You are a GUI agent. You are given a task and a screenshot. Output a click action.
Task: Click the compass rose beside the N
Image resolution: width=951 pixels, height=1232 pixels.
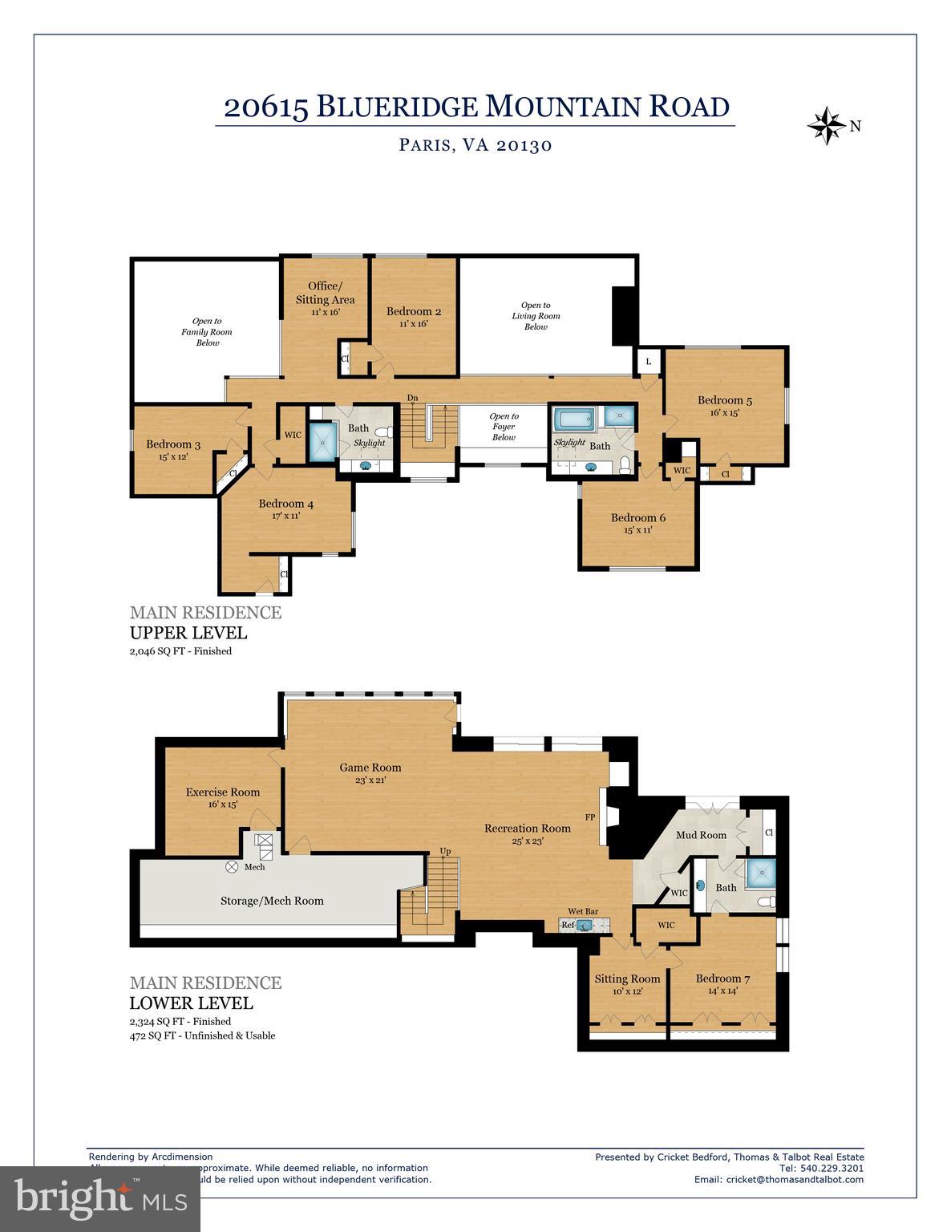point(826,126)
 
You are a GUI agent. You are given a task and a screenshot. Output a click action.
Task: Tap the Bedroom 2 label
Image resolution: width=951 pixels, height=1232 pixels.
point(413,312)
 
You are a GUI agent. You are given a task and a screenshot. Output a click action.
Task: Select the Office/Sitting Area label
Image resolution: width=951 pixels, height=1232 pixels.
point(325,293)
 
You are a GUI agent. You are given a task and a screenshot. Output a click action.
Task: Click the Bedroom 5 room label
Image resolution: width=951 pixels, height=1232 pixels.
point(724,400)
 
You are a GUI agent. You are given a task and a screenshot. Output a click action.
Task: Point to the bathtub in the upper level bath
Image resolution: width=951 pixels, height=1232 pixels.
point(574,418)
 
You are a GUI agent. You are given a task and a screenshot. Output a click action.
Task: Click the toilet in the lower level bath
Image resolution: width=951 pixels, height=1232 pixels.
point(767,902)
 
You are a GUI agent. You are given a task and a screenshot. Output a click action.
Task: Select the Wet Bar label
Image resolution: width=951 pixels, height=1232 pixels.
point(583,911)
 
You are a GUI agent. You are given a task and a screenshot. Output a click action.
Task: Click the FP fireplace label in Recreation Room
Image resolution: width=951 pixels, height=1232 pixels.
point(590,817)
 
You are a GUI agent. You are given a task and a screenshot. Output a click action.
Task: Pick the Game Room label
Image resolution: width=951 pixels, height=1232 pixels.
point(370,768)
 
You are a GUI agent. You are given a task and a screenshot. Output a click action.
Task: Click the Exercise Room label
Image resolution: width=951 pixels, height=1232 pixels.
point(223,792)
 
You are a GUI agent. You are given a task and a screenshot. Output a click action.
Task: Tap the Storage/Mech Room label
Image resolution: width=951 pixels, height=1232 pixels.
point(272,901)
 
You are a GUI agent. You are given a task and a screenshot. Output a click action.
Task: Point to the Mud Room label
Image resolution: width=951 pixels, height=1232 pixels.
point(701,835)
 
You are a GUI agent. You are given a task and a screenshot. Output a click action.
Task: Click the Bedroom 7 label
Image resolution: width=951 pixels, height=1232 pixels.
point(722,979)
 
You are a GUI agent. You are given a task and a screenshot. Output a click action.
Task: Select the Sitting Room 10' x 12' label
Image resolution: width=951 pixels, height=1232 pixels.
point(627,984)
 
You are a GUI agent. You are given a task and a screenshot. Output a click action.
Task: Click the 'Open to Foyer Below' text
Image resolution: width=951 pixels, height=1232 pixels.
point(504,427)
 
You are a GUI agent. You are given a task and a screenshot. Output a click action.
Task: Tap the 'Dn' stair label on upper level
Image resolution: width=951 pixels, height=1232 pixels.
point(413,398)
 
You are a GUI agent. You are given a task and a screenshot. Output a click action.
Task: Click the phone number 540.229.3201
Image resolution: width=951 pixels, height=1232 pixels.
point(832,1168)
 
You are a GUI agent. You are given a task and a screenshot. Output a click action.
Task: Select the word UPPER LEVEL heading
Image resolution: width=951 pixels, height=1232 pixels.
point(188,633)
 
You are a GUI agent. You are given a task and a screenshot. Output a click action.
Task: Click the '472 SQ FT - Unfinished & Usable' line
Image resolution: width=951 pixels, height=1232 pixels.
point(202,1035)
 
